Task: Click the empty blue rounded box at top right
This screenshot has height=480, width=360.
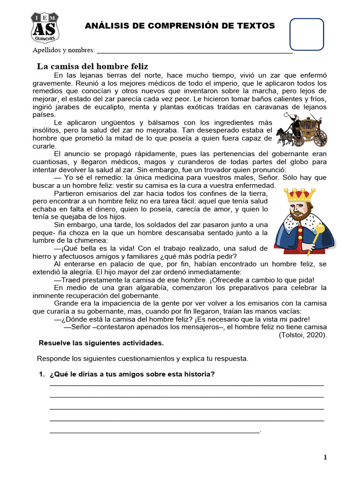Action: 307,34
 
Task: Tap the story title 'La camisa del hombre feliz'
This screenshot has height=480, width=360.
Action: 92,67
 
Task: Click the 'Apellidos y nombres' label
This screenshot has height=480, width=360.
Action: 63,50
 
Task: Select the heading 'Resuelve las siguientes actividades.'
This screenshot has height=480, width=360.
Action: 101,343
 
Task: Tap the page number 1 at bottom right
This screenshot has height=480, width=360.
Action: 325,457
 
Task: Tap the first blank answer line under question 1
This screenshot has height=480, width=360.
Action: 187,385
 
